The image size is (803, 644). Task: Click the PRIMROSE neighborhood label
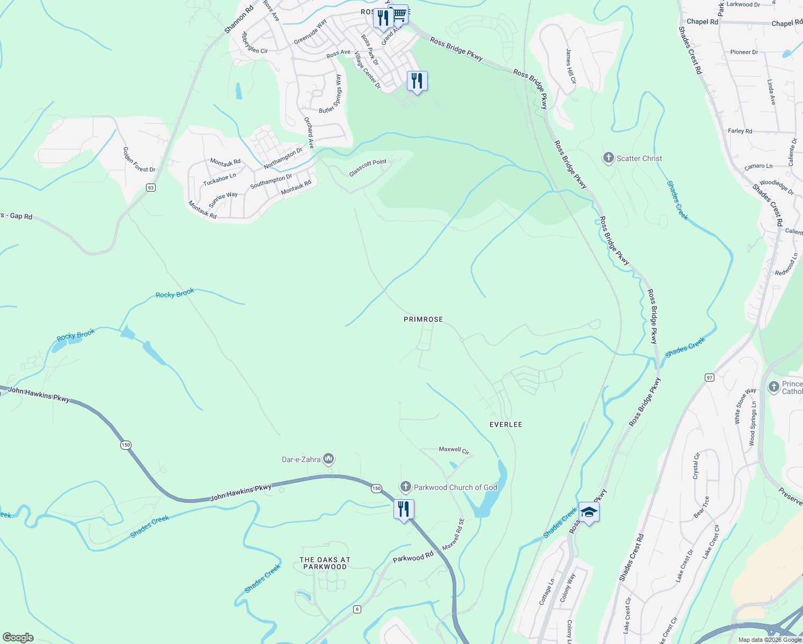[x=423, y=319]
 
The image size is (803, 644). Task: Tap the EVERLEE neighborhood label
[x=506, y=425]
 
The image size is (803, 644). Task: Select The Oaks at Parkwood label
[x=325, y=563]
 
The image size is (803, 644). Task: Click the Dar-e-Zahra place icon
[x=328, y=459]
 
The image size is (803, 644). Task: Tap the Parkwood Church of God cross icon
[x=406, y=487]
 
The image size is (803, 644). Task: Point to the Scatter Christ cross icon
[x=608, y=158]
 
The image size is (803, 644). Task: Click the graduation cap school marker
[x=589, y=512]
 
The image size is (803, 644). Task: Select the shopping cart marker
[x=399, y=14]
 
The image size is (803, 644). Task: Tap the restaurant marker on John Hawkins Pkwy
[x=404, y=509]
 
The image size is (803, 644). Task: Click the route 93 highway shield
[x=151, y=187]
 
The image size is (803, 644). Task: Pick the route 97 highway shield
[x=710, y=378]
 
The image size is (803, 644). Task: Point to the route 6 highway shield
[x=357, y=609]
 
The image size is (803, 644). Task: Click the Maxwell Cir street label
[x=454, y=450]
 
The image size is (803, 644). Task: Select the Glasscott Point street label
[x=368, y=167]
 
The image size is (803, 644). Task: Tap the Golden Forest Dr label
[x=139, y=160]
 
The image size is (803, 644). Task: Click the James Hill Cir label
[x=571, y=66]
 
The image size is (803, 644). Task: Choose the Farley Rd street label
[x=740, y=131]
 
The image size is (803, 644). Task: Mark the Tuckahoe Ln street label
[x=220, y=179]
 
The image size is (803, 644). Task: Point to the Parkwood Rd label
[x=413, y=558]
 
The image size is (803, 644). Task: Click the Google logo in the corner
[x=18, y=637]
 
